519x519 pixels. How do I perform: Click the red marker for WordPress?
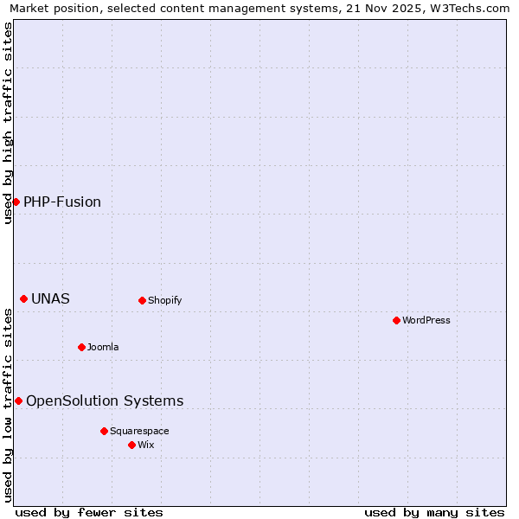(x=396, y=320)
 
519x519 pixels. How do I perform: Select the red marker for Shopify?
(x=142, y=300)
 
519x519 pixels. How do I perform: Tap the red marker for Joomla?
(x=81, y=347)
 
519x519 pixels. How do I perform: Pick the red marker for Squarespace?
(x=104, y=431)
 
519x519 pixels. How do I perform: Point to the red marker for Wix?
(x=131, y=445)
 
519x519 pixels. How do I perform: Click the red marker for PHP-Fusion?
(x=16, y=202)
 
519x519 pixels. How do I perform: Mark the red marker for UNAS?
(x=23, y=298)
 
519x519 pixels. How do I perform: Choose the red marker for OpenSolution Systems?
(x=18, y=400)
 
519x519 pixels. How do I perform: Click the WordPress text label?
(x=426, y=320)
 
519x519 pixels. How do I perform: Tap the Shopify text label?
(x=164, y=300)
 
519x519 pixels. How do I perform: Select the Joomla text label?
(x=103, y=347)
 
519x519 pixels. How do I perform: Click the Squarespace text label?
(x=139, y=431)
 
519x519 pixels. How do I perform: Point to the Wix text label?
(x=146, y=445)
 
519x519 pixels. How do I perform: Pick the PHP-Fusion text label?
(x=62, y=202)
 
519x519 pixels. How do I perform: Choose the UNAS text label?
(x=50, y=298)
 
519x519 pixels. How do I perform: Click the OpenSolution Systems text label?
(x=105, y=400)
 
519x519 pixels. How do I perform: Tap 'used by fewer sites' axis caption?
(x=89, y=512)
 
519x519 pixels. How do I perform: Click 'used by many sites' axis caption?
(x=434, y=512)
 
